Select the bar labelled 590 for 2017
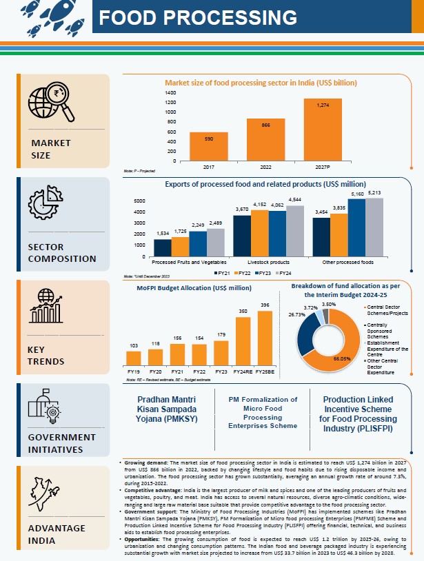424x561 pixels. [x=209, y=146]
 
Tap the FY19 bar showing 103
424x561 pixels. [x=134, y=358]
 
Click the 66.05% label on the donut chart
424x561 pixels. [x=334, y=358]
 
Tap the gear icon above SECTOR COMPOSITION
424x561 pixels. [x=46, y=203]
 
